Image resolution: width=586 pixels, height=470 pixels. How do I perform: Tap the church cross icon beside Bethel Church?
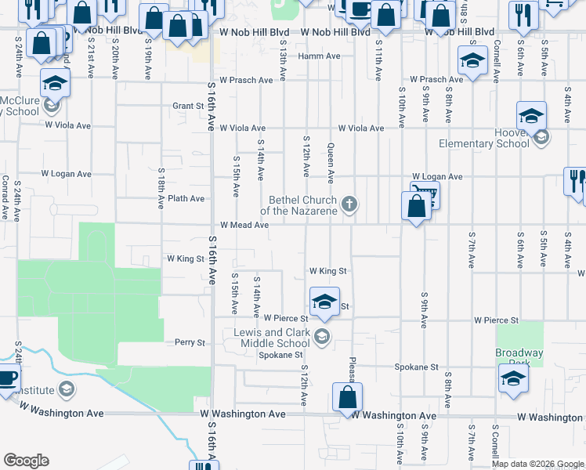click(x=350, y=205)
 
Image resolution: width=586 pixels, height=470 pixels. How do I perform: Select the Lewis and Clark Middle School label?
click(x=272, y=338)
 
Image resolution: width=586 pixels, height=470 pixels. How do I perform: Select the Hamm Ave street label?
click(x=324, y=56)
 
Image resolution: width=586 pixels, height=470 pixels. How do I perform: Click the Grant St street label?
click(x=188, y=106)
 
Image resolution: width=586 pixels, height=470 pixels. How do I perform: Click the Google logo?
click(x=26, y=461)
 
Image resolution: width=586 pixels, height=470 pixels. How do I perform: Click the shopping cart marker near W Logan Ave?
click(x=426, y=194)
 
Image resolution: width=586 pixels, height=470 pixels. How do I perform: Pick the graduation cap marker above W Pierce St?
click(x=324, y=301)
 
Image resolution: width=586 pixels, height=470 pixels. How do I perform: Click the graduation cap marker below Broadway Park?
click(x=513, y=378)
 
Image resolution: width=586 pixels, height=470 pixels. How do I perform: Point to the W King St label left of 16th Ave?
click(x=185, y=258)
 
